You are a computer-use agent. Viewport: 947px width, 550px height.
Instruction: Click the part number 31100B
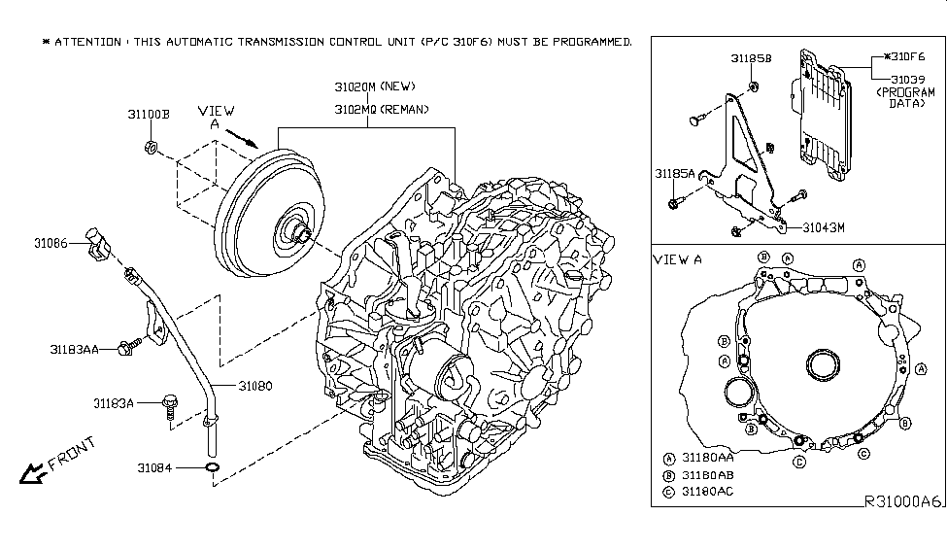(148, 114)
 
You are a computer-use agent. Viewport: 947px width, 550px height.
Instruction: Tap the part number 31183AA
(75, 346)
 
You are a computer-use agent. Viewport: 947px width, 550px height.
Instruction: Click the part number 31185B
(750, 59)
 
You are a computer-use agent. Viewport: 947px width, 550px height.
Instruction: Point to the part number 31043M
(824, 227)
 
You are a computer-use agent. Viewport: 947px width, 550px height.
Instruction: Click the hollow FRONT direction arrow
(33, 473)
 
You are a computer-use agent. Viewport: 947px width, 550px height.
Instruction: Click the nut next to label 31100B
(152, 148)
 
